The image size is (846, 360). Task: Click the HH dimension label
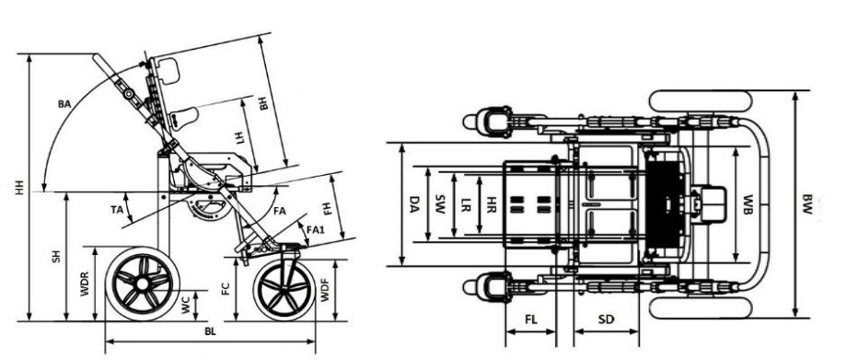(20, 187)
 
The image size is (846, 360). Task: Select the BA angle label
(64, 104)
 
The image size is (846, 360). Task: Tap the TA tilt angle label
(117, 210)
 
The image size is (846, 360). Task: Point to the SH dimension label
(56, 256)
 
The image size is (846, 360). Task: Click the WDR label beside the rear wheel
(85, 284)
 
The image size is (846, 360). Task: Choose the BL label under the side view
(211, 332)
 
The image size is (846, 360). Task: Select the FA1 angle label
(315, 229)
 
